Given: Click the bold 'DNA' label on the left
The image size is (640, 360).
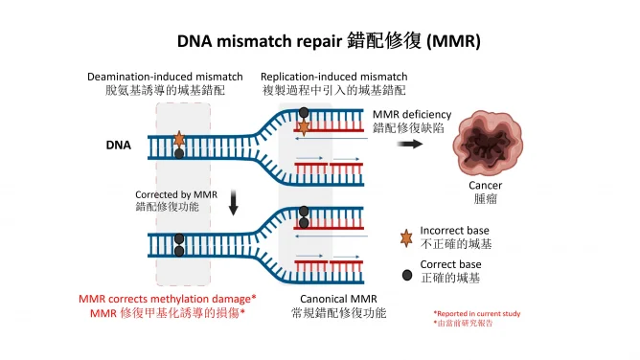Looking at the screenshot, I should pos(118,146).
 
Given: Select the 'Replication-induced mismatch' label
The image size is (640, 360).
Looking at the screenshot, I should pos(334,77).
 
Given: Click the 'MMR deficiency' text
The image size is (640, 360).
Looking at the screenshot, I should pos(412,114).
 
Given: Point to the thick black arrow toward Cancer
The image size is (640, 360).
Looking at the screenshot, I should pos(411,145).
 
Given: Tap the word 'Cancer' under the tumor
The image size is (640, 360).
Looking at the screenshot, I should pos(485,186).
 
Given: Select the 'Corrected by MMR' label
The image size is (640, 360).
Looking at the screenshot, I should pos(176,193).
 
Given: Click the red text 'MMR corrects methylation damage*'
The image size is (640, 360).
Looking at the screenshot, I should pos(168,299).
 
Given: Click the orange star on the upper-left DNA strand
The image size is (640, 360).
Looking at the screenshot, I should pos(179,139).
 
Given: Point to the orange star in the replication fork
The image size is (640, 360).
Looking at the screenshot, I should pos(304,126).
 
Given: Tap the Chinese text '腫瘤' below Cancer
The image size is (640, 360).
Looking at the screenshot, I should pos(485,200).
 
